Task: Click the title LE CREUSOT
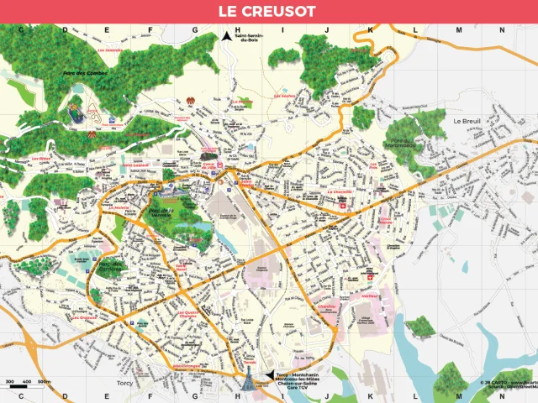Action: pyautogui.click(x=268, y=12)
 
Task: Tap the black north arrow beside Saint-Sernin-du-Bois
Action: pyautogui.click(x=226, y=36)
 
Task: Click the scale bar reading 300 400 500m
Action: pyautogui.click(x=25, y=384)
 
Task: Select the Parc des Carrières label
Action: pyautogui.click(x=112, y=266)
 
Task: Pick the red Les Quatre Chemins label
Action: pyautogui.click(x=192, y=316)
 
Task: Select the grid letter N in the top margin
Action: pyautogui.click(x=501, y=29)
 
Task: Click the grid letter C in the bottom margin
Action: pyautogui.click(x=19, y=395)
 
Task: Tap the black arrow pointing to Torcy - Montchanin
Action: pyautogui.click(x=269, y=375)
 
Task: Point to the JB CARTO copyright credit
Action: pyautogui.click(x=508, y=384)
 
